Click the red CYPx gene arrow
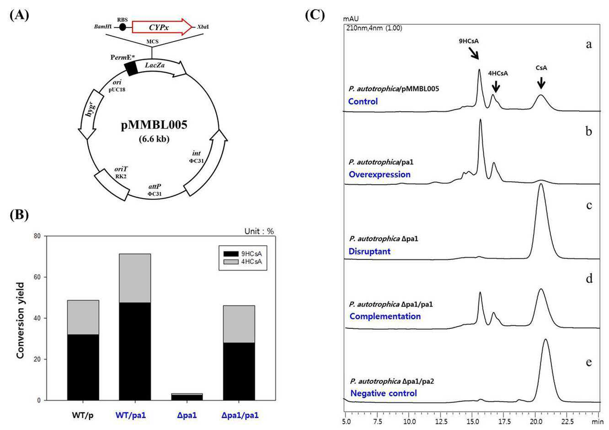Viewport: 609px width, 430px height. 162,27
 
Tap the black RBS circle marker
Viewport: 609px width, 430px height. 123,27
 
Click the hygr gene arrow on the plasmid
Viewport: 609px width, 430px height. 90,114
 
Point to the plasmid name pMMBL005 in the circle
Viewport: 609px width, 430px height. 154,125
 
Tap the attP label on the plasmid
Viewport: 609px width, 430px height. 155,187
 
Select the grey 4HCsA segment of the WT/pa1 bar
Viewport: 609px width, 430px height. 135,278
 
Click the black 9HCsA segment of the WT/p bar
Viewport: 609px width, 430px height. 83,367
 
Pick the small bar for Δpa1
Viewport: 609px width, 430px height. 187,397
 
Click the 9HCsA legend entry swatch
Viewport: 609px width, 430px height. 230,254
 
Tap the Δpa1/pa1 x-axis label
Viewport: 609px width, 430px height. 240,415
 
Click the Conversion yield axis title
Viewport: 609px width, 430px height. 21,320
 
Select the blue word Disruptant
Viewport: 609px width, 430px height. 369,251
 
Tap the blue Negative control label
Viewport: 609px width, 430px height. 383,393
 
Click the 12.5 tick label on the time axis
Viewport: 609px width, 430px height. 441,421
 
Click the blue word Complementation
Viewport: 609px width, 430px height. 385,316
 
